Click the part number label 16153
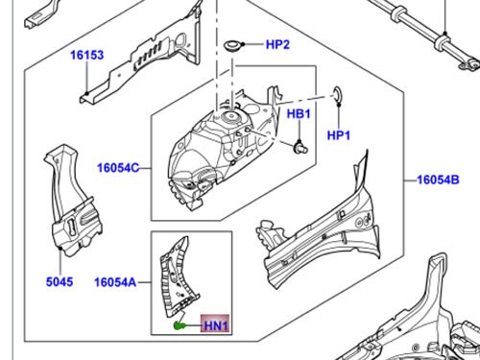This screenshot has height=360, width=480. [85, 56]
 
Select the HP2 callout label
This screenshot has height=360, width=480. [277, 44]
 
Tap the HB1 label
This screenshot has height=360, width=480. [300, 114]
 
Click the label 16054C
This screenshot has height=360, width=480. [117, 169]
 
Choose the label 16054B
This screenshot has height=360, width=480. [438, 179]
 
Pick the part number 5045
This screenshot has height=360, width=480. [60, 282]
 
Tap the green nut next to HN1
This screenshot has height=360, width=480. [180, 326]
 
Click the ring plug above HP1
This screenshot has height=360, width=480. [338, 93]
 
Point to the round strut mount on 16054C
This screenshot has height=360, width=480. [231, 117]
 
